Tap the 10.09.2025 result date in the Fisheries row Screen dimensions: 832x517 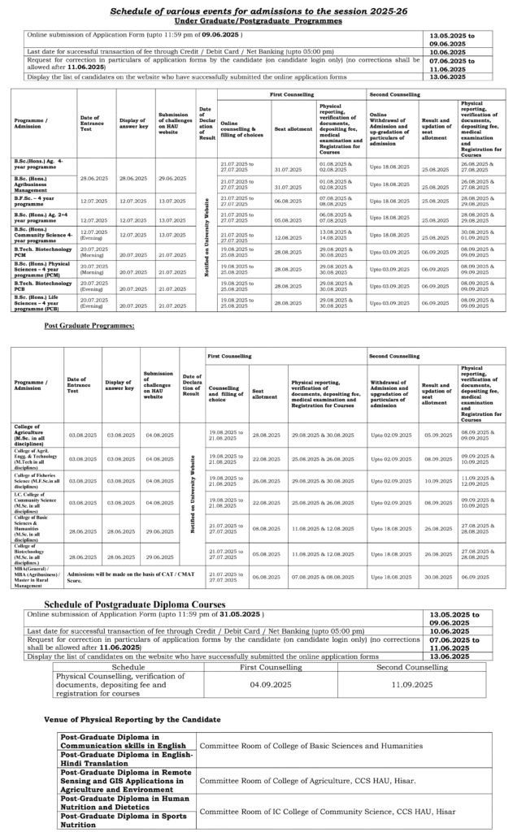pyautogui.click(x=439, y=481)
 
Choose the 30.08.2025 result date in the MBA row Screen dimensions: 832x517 pyautogui.click(x=439, y=577)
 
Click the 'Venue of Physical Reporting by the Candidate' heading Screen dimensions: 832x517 pyautogui.click(x=133, y=720)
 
